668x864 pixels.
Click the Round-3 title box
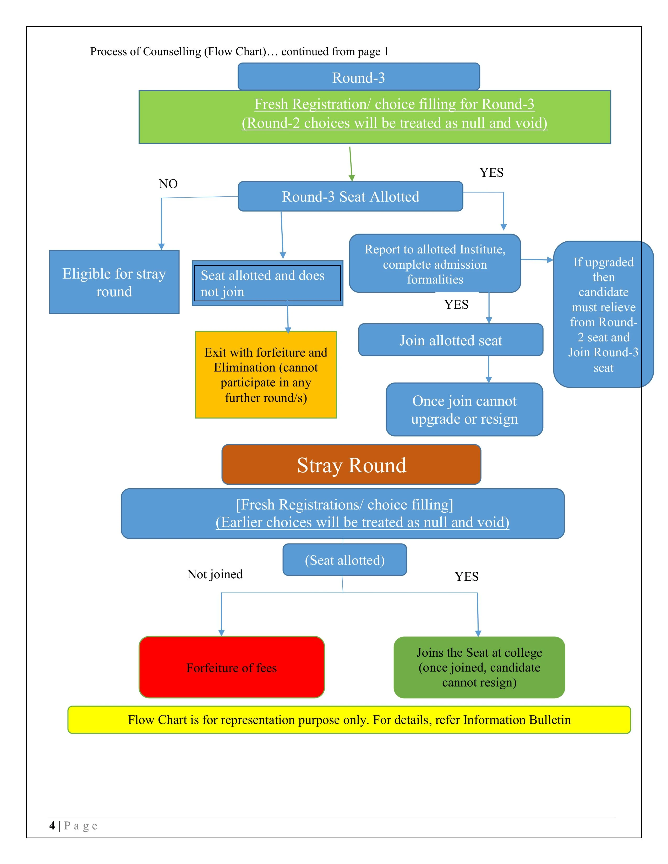(x=359, y=77)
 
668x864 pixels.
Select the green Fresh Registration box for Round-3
(x=374, y=117)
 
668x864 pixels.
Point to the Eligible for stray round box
(x=114, y=282)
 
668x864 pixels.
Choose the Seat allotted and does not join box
(x=267, y=283)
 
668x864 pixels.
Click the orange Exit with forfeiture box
(x=266, y=375)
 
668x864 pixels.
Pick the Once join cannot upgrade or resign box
(x=464, y=409)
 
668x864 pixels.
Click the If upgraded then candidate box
(x=603, y=314)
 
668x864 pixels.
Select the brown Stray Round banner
(x=351, y=465)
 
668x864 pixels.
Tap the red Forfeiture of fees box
(x=232, y=668)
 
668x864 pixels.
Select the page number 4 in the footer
(x=52, y=826)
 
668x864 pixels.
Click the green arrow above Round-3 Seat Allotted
(x=351, y=164)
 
